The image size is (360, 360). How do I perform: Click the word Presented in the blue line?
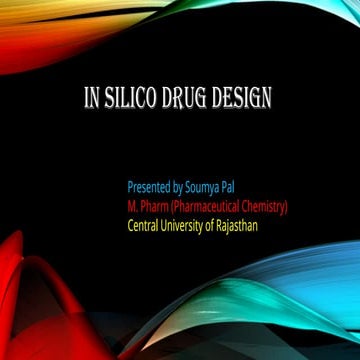pos(150,187)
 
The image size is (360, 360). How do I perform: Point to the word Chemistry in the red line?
pos(262,206)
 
